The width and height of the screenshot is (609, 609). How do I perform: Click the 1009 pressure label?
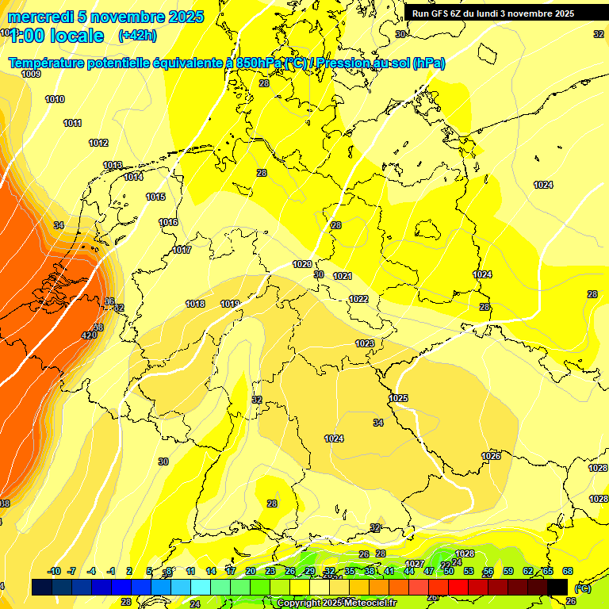[31, 74]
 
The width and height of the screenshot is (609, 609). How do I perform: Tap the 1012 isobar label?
[98, 143]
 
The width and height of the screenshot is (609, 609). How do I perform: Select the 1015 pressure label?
[155, 197]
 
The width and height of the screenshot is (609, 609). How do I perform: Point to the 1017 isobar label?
[182, 250]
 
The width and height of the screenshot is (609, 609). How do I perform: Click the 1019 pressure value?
[230, 304]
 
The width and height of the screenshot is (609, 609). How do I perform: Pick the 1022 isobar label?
[358, 299]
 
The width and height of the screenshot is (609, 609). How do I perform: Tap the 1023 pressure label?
[365, 343]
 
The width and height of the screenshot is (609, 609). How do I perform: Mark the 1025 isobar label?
[398, 398]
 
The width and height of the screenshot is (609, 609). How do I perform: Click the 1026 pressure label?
[491, 456]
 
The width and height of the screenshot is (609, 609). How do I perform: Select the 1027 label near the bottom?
[414, 564]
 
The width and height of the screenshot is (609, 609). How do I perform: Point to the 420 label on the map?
[89, 335]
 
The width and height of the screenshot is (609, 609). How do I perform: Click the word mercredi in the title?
[39, 17]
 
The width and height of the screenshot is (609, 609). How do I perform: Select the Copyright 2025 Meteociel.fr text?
[336, 603]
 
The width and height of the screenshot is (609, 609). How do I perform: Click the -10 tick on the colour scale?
[54, 571]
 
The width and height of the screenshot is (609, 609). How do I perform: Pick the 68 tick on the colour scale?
[568, 571]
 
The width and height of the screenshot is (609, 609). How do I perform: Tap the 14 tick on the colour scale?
[211, 571]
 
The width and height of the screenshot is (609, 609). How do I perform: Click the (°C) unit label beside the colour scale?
[582, 588]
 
